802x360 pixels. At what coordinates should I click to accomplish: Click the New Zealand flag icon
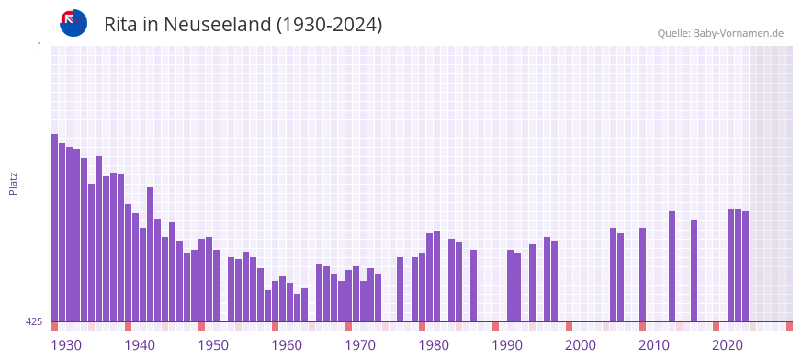coord(73,23)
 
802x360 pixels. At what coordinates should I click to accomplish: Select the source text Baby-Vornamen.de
coord(738,33)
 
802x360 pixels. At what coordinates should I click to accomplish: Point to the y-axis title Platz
coord(13,183)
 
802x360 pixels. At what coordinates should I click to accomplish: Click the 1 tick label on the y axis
coord(39,46)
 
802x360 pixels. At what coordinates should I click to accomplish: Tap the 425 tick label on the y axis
coord(34,321)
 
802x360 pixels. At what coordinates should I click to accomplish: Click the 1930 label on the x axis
coord(66,345)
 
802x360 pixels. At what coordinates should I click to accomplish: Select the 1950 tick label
coord(213,345)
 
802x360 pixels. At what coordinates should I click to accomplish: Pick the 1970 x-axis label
coord(360,345)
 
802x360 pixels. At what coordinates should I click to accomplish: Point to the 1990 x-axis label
coord(507,345)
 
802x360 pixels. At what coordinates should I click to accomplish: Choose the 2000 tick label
coord(581,345)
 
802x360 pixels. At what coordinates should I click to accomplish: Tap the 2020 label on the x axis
coord(728,345)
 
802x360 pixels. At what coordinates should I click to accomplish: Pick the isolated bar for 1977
coord(400,289)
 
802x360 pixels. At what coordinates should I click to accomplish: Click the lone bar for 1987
coord(473,286)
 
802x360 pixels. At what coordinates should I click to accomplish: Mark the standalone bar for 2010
coord(642,275)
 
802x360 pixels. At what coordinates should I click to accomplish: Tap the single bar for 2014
coord(672,266)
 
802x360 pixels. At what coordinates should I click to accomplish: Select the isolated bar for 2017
coord(694,271)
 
